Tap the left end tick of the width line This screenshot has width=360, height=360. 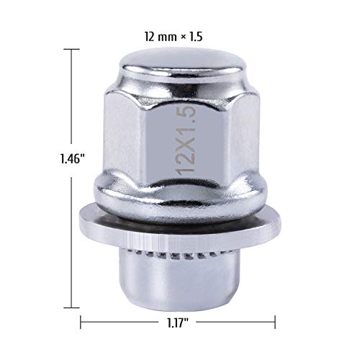point(80,321)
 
